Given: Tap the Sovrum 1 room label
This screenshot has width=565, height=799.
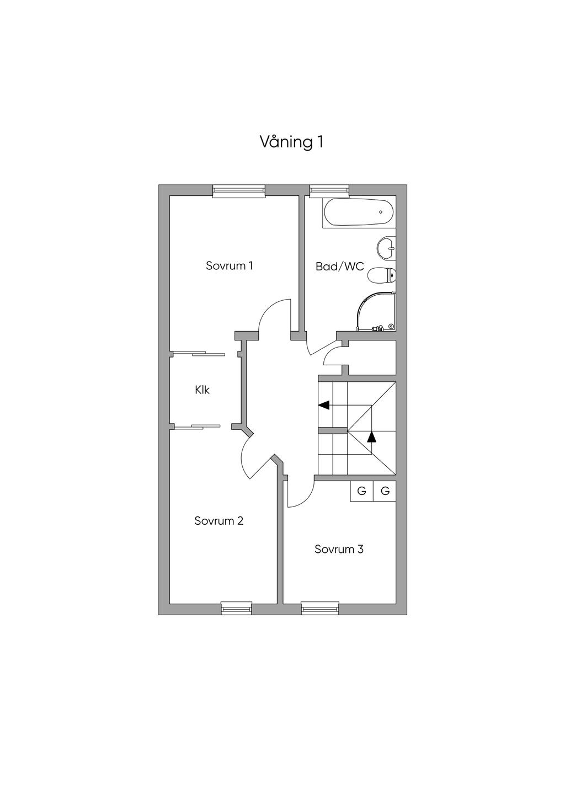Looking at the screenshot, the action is point(230,266).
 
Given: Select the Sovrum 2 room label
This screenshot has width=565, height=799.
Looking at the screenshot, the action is point(218,521).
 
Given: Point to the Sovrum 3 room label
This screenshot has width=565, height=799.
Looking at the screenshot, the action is point(339,550).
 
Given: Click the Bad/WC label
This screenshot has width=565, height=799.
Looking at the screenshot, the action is point(340,267).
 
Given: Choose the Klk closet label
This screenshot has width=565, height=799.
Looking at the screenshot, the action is point(202,390).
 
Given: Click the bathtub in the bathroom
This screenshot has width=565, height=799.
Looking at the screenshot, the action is point(359,212).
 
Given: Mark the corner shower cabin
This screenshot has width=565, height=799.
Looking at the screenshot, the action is point(377,311).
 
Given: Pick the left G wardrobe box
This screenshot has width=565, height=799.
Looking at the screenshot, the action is point(361,491).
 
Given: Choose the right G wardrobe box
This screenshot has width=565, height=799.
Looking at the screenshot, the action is point(385,491).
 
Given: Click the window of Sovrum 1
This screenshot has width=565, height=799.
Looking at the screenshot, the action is point(239,191).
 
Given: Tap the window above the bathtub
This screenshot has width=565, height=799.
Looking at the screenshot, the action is point(329,191).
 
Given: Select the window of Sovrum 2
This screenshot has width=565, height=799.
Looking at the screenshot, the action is point(236,608).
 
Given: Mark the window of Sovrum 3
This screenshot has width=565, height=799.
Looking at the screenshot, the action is point(320,608).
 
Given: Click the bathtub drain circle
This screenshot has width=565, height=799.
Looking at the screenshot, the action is point(381,212).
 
